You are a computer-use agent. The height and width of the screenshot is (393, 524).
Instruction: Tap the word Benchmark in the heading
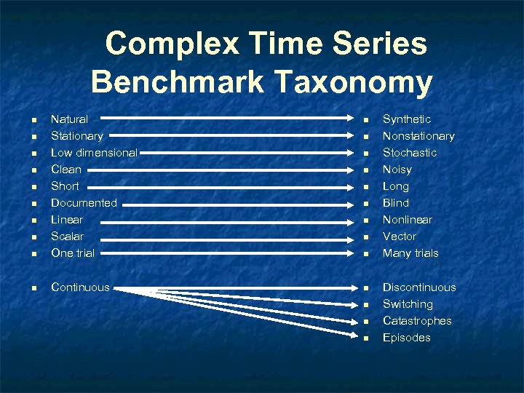pyautogui.click(x=178, y=82)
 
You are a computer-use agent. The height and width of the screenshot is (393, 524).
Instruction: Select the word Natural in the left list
pyautogui.click(x=69, y=119)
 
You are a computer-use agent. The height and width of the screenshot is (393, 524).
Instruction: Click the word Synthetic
pyautogui.click(x=407, y=119)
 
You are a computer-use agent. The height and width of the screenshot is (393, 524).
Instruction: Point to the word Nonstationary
pyautogui.click(x=418, y=136)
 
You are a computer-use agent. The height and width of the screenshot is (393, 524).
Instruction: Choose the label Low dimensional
pyautogui.click(x=94, y=153)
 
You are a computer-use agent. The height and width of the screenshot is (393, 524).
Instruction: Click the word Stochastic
pyautogui.click(x=410, y=153)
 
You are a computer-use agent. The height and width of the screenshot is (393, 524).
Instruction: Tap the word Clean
pyautogui.click(x=66, y=170)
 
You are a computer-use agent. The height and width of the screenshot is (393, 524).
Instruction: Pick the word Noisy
pyautogui.click(x=397, y=170)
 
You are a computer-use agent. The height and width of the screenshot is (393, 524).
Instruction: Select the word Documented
pyautogui.click(x=84, y=203)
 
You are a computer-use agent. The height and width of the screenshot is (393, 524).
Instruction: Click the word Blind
pyautogui.click(x=396, y=203)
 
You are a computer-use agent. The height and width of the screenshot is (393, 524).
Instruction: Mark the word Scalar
pyautogui.click(x=67, y=237)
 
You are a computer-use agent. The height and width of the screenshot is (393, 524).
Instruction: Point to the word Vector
pyautogui.click(x=400, y=237)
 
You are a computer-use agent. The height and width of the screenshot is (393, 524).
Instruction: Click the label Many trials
pyautogui.click(x=410, y=253)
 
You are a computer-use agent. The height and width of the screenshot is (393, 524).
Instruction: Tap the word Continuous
pyautogui.click(x=80, y=287)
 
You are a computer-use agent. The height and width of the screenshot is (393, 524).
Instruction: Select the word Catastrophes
pyautogui.click(x=417, y=321)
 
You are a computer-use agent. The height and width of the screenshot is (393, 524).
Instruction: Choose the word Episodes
pyautogui.click(x=407, y=338)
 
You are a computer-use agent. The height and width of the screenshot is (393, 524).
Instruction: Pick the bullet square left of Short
pyautogui.click(x=34, y=187)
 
